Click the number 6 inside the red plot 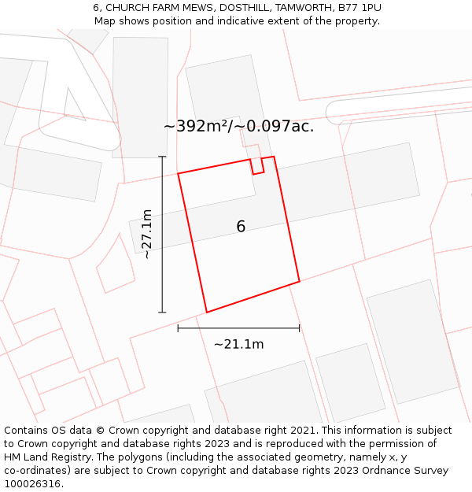click(x=241, y=227)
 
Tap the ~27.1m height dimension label click(x=146, y=234)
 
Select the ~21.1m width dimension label click(x=238, y=344)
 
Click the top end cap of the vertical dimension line click(x=162, y=157)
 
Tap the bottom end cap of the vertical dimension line click(x=162, y=313)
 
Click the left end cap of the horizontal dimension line click(x=178, y=328)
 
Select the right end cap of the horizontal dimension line click(x=300, y=328)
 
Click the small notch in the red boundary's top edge click(x=256, y=166)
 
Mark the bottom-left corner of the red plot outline click(x=207, y=313)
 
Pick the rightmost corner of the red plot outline click(x=299, y=281)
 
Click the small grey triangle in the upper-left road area click(x=74, y=105)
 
